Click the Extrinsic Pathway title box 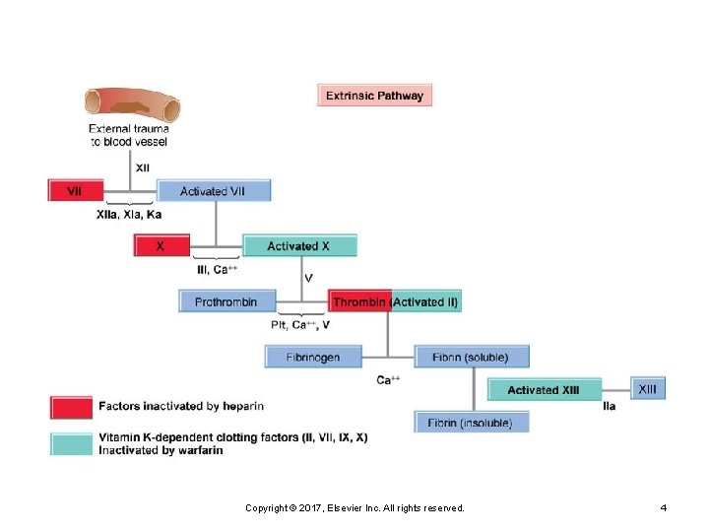(375, 96)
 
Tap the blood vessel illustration (131, 102)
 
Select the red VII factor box (76, 190)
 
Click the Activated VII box (213, 190)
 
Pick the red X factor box (161, 245)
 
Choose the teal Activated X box (298, 245)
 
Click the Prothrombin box (226, 301)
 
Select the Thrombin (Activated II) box (395, 301)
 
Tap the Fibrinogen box (312, 357)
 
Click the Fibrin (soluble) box (472, 357)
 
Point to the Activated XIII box (544, 390)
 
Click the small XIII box (647, 389)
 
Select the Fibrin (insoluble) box (471, 423)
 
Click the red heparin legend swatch (71, 406)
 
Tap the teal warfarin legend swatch (71, 443)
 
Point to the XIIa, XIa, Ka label (129, 214)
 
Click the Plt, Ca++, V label (300, 324)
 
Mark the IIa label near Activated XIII (610, 406)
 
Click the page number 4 (664, 507)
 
